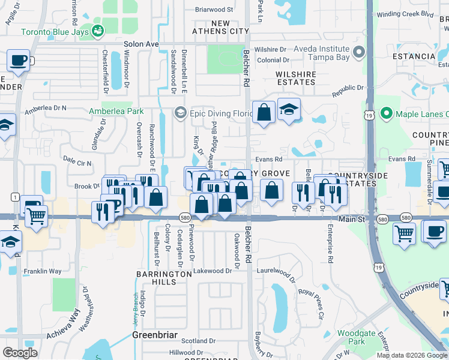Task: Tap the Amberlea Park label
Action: [x=116, y=111]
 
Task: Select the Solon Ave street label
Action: [x=141, y=44]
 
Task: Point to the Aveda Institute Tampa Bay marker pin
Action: [x=360, y=52]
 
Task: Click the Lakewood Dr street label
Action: [x=212, y=271]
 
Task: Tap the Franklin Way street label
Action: [x=43, y=271]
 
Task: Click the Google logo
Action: [x=20, y=353]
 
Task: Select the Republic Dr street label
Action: [x=348, y=88]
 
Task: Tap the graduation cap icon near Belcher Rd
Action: [x=289, y=110]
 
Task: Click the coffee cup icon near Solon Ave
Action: [x=19, y=61]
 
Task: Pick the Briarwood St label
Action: [x=214, y=10]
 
